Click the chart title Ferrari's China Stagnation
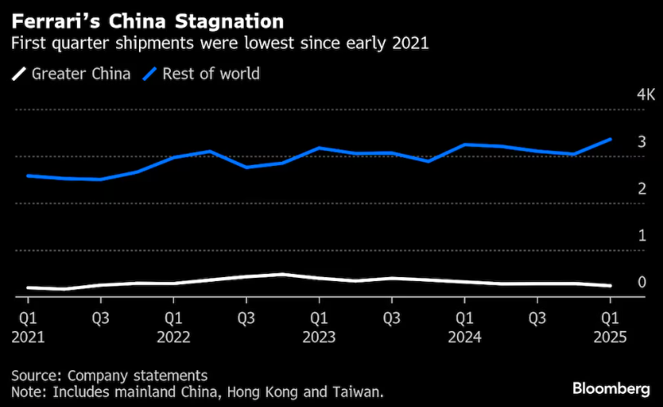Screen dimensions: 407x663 [147, 19]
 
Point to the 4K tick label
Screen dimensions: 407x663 [624, 95]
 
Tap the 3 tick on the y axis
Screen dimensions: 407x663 [619, 142]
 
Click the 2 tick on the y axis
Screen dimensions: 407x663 [619, 189]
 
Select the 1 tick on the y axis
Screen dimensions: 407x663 [619, 235]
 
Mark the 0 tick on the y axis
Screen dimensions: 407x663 [619, 282]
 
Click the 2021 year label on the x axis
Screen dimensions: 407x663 [28, 336]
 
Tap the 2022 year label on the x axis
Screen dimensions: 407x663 [173, 336]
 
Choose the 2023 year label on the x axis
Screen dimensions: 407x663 [319, 336]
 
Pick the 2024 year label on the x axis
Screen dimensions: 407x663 [464, 336]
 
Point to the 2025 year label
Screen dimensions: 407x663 [610, 336]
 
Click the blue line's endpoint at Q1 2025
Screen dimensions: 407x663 [610, 140]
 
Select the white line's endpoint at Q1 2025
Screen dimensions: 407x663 [610, 286]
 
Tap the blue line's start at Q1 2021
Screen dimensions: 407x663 [28, 176]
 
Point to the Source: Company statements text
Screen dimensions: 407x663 [110, 375]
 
